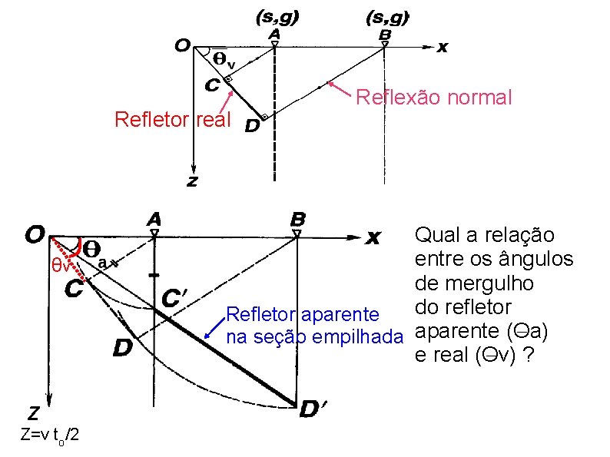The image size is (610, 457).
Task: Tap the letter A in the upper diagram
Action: pos(273,35)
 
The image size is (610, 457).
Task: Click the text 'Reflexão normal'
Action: pos(433,98)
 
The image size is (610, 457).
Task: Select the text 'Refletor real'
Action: pos(172,120)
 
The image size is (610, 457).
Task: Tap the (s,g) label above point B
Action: pos(387,15)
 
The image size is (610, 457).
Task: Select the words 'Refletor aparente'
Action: pos(302,314)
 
